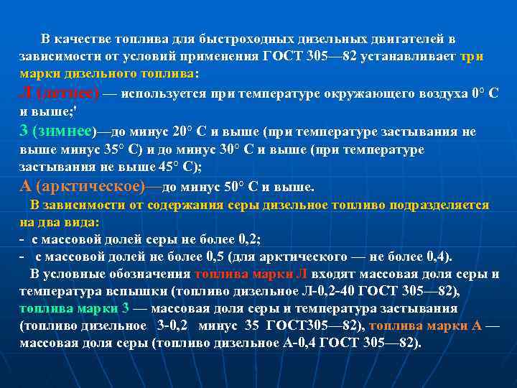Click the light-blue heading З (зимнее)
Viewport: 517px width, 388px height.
point(56,131)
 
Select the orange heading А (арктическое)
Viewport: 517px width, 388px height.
point(81,187)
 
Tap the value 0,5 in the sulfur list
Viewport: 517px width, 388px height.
point(217,257)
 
